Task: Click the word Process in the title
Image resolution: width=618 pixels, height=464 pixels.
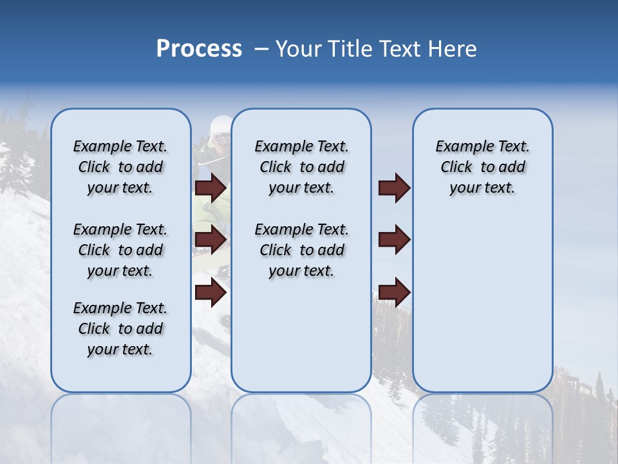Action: [x=199, y=48]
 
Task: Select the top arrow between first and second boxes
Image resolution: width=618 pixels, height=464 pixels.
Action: [x=211, y=188]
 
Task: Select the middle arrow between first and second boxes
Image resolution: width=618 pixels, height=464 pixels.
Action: [x=211, y=240]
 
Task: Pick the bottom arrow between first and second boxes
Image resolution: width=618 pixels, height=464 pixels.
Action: [x=211, y=293]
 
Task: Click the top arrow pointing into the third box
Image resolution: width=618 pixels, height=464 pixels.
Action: [x=394, y=188]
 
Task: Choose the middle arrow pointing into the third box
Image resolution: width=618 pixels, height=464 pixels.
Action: [x=394, y=240]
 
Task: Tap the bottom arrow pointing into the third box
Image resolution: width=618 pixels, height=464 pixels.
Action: [x=394, y=293]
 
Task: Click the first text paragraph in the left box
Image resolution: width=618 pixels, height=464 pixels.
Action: [x=120, y=167]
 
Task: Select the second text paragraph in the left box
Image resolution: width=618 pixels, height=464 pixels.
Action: [x=120, y=250]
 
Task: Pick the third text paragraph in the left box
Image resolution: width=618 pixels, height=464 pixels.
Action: [x=120, y=329]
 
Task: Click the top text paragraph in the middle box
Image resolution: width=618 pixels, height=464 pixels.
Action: [x=301, y=167]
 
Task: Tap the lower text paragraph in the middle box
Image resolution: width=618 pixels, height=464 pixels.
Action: [x=301, y=250]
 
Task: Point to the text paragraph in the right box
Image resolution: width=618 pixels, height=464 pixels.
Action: [x=482, y=167]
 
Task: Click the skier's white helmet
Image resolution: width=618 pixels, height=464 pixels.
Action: [x=221, y=124]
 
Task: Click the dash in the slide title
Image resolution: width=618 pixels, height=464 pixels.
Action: [x=261, y=49]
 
